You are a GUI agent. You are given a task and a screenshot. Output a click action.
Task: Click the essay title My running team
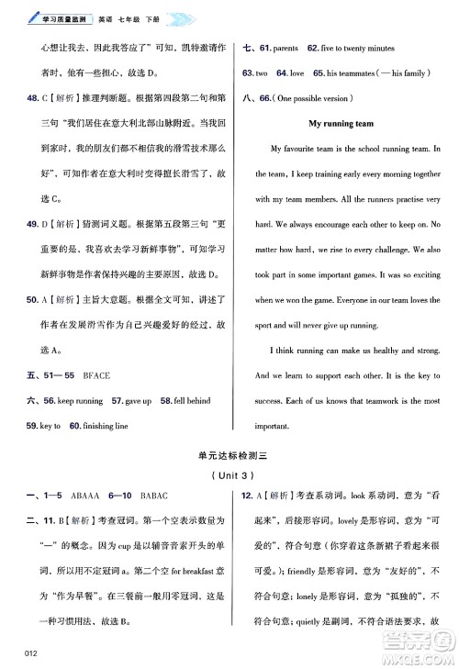coord(341,123)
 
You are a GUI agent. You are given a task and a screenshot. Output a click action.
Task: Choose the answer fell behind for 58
coord(198,401)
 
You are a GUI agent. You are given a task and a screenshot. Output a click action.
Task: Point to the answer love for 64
coord(296,72)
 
